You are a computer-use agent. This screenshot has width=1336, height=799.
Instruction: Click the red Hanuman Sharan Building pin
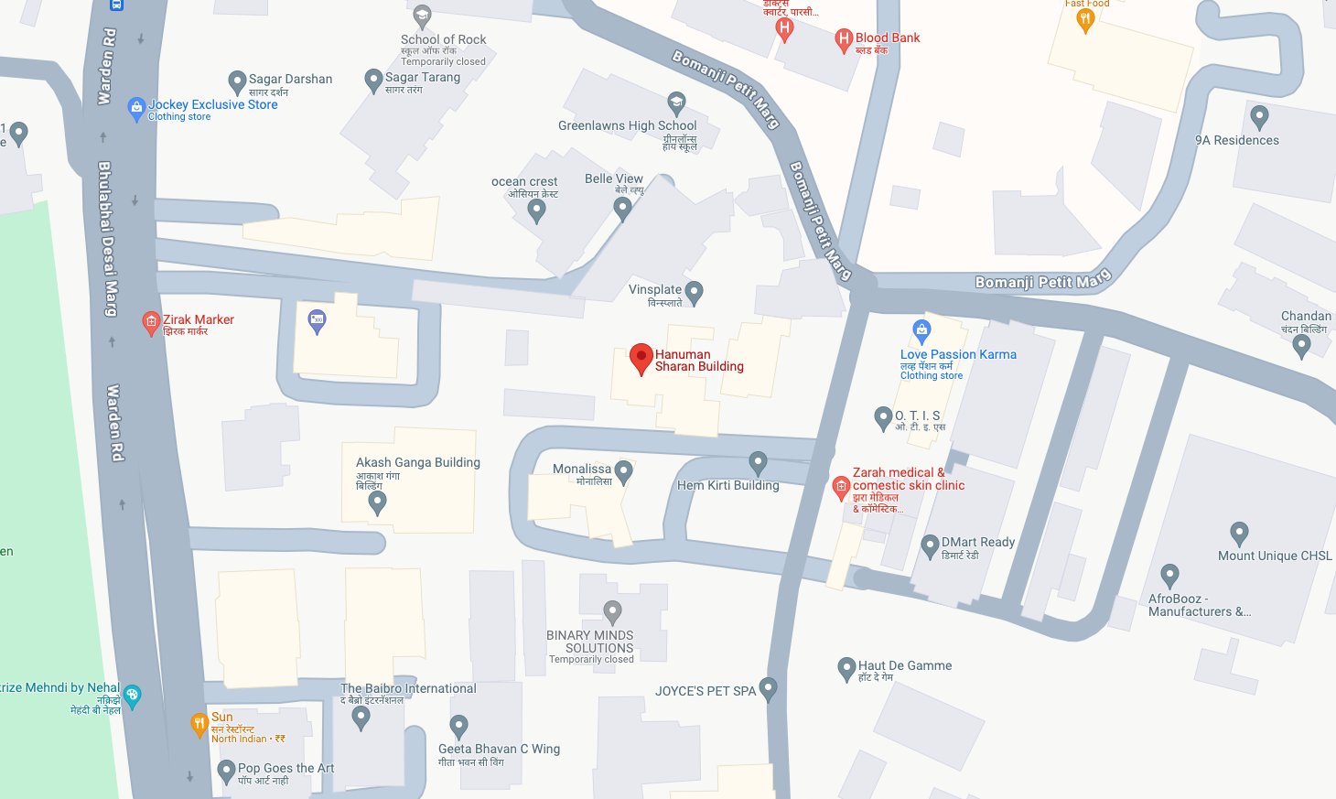641,358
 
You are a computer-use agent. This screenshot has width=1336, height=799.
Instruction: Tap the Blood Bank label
887,38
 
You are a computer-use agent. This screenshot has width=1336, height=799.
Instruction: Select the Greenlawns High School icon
676,101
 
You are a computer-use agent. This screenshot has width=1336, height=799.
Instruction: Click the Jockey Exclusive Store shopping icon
136,108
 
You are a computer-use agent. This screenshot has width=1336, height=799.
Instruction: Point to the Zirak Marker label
199,320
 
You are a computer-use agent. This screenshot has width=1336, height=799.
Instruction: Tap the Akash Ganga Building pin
377,501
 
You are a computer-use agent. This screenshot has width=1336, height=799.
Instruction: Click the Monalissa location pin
623,471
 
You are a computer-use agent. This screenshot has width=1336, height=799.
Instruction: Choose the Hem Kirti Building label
727,486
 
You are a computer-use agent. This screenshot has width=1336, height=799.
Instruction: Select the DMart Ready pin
930,546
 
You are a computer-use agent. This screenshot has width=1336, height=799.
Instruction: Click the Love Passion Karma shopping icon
921,330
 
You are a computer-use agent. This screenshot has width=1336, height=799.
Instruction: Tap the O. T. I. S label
917,416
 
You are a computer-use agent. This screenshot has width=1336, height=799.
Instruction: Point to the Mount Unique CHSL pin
1239,533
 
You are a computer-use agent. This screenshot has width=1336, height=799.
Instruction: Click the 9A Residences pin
1259,116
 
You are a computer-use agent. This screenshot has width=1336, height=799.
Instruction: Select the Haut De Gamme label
904,666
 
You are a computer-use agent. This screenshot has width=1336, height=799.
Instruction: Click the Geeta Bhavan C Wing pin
459,727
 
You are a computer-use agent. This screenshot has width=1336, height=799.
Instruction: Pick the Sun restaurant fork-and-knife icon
199,724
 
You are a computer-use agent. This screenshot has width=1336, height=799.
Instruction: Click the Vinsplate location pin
694,292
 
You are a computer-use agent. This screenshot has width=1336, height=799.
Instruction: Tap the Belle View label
613,179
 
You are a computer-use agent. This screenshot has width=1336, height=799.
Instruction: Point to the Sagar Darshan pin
237,82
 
